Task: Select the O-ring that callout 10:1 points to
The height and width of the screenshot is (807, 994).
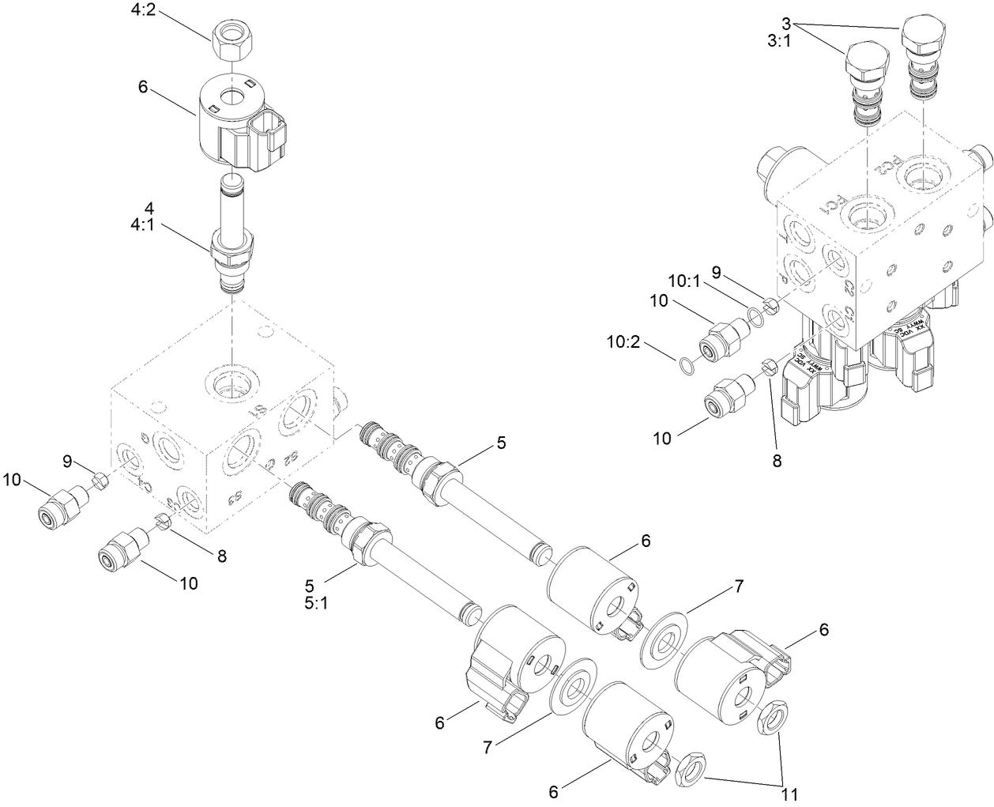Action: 755,317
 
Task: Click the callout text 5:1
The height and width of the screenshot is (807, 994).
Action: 309,600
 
